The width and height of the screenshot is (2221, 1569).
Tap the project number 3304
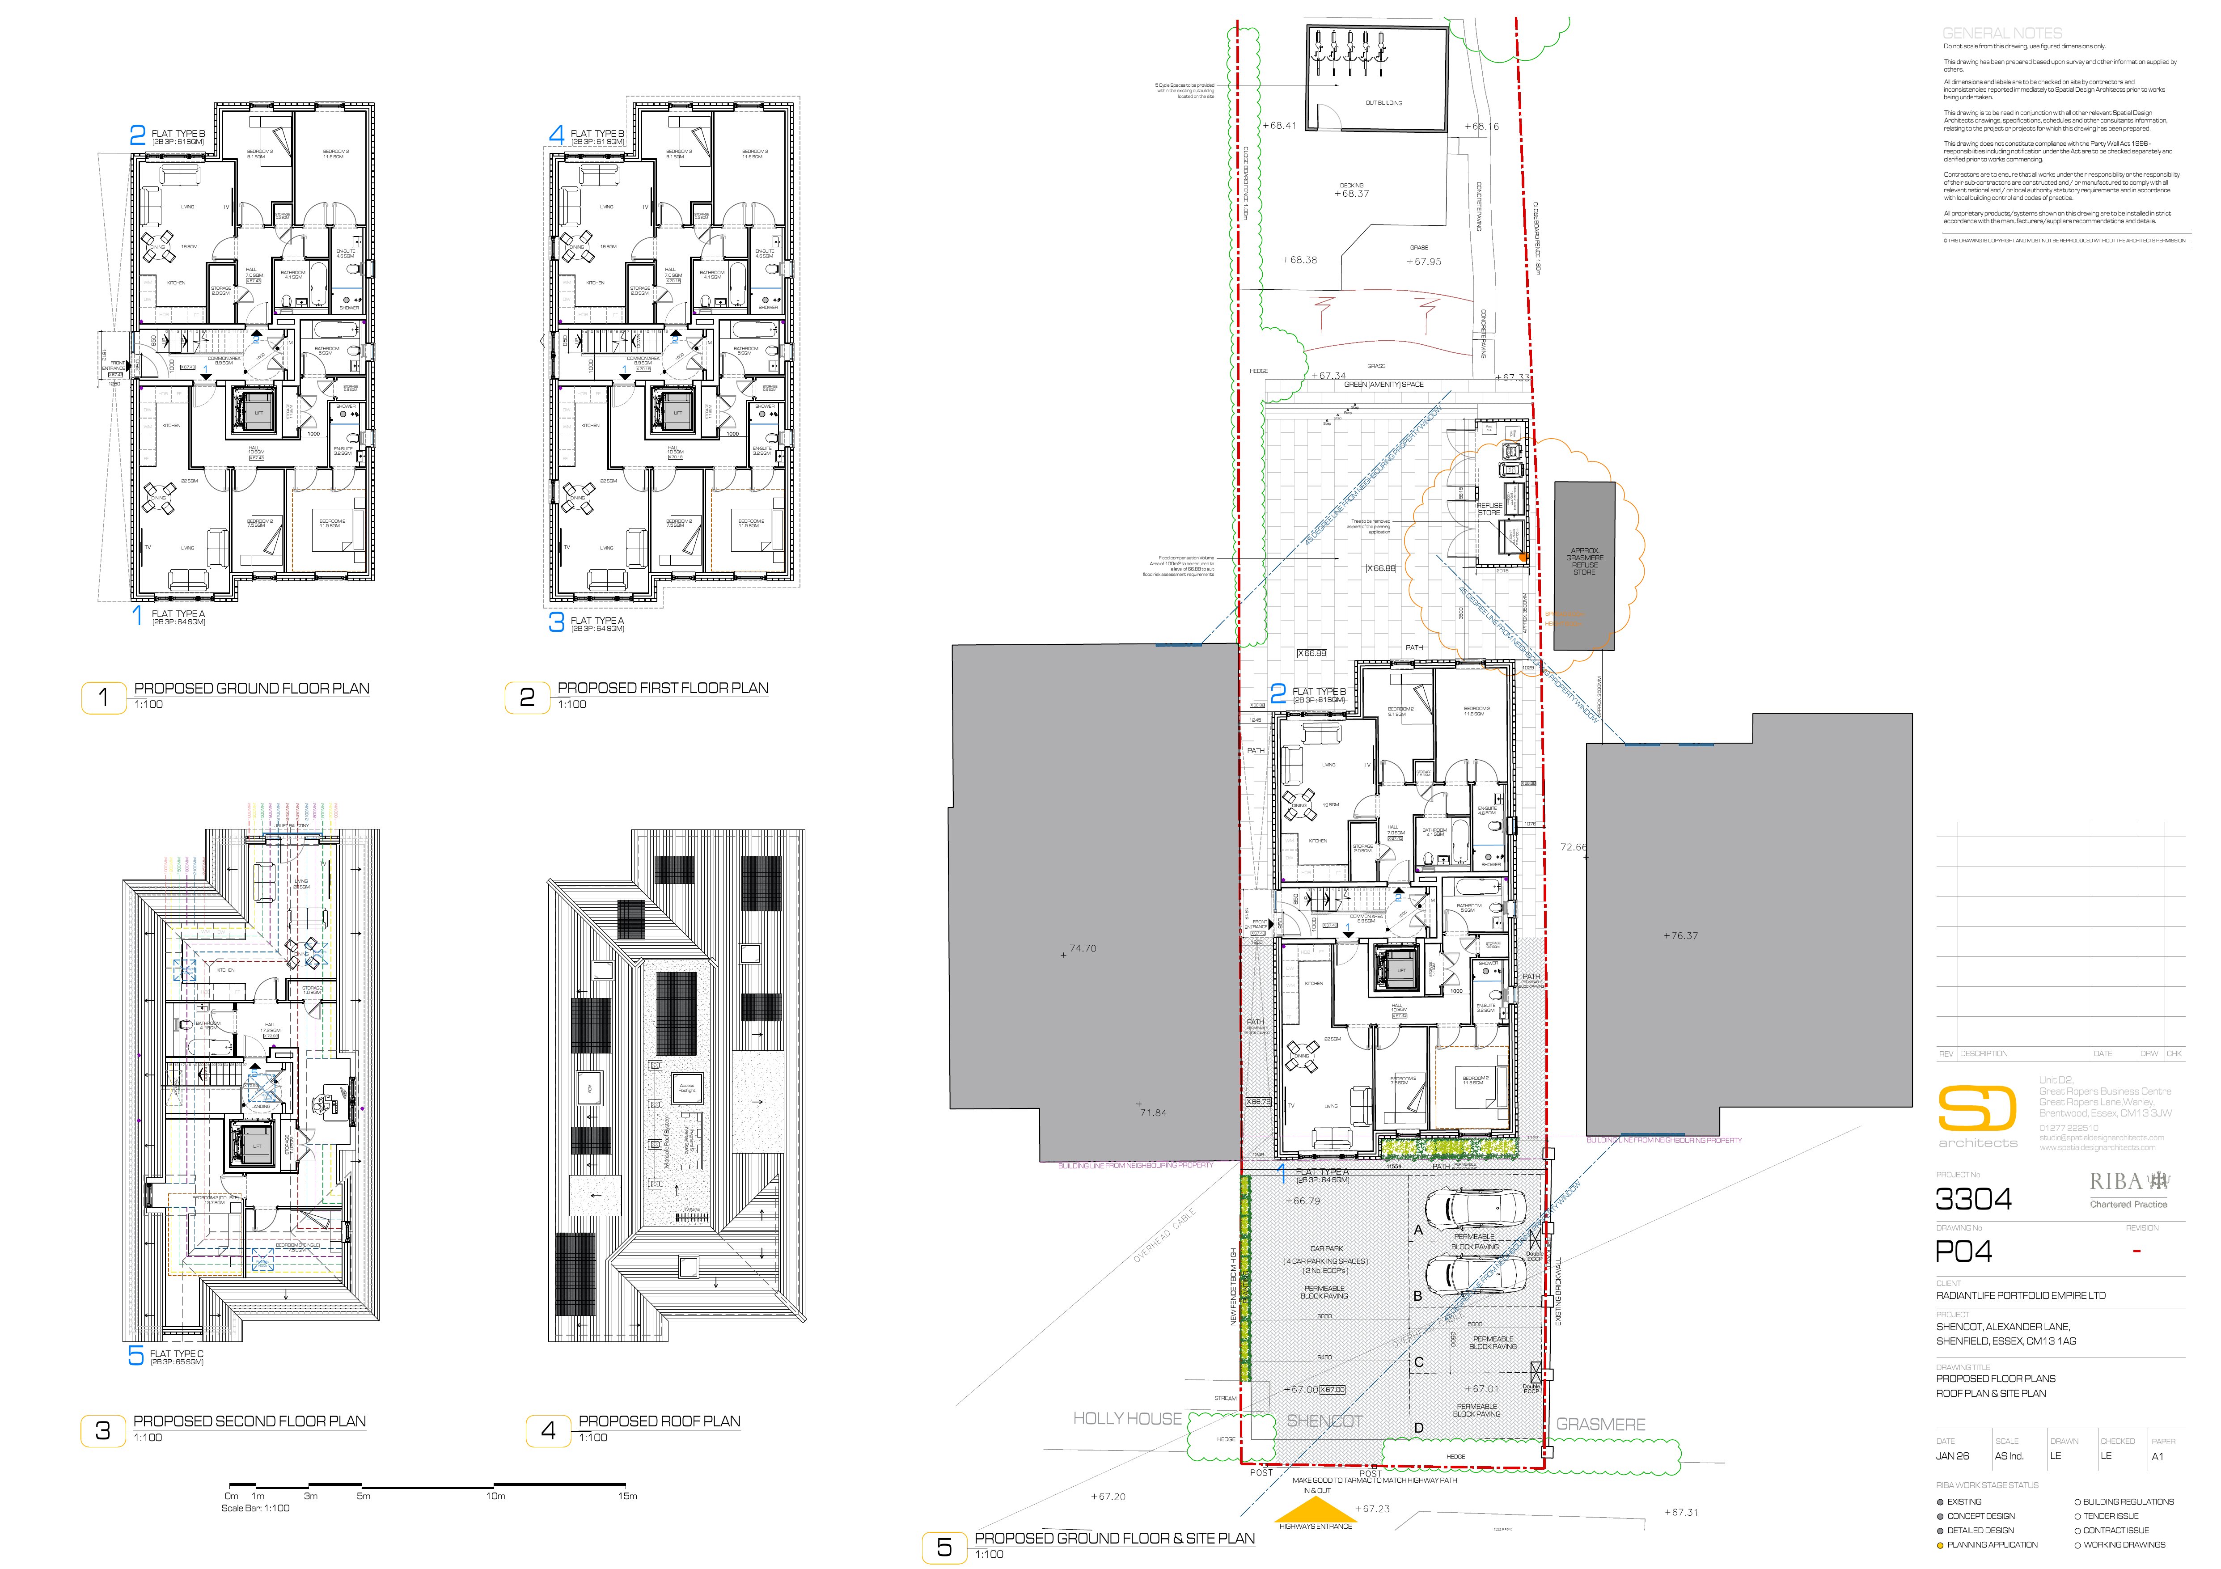(1973, 1200)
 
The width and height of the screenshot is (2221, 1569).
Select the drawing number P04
(1964, 1252)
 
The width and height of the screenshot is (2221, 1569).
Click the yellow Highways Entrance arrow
(1316, 1512)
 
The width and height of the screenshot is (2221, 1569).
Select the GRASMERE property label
(1601, 1424)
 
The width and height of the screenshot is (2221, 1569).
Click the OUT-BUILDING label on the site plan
(1383, 102)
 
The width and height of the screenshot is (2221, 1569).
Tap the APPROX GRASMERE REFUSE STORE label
(1585, 561)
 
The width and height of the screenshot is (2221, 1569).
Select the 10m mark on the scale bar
(495, 1496)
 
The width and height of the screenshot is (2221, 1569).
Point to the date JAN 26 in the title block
(1952, 1456)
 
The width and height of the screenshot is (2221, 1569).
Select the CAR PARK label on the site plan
(1326, 1249)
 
